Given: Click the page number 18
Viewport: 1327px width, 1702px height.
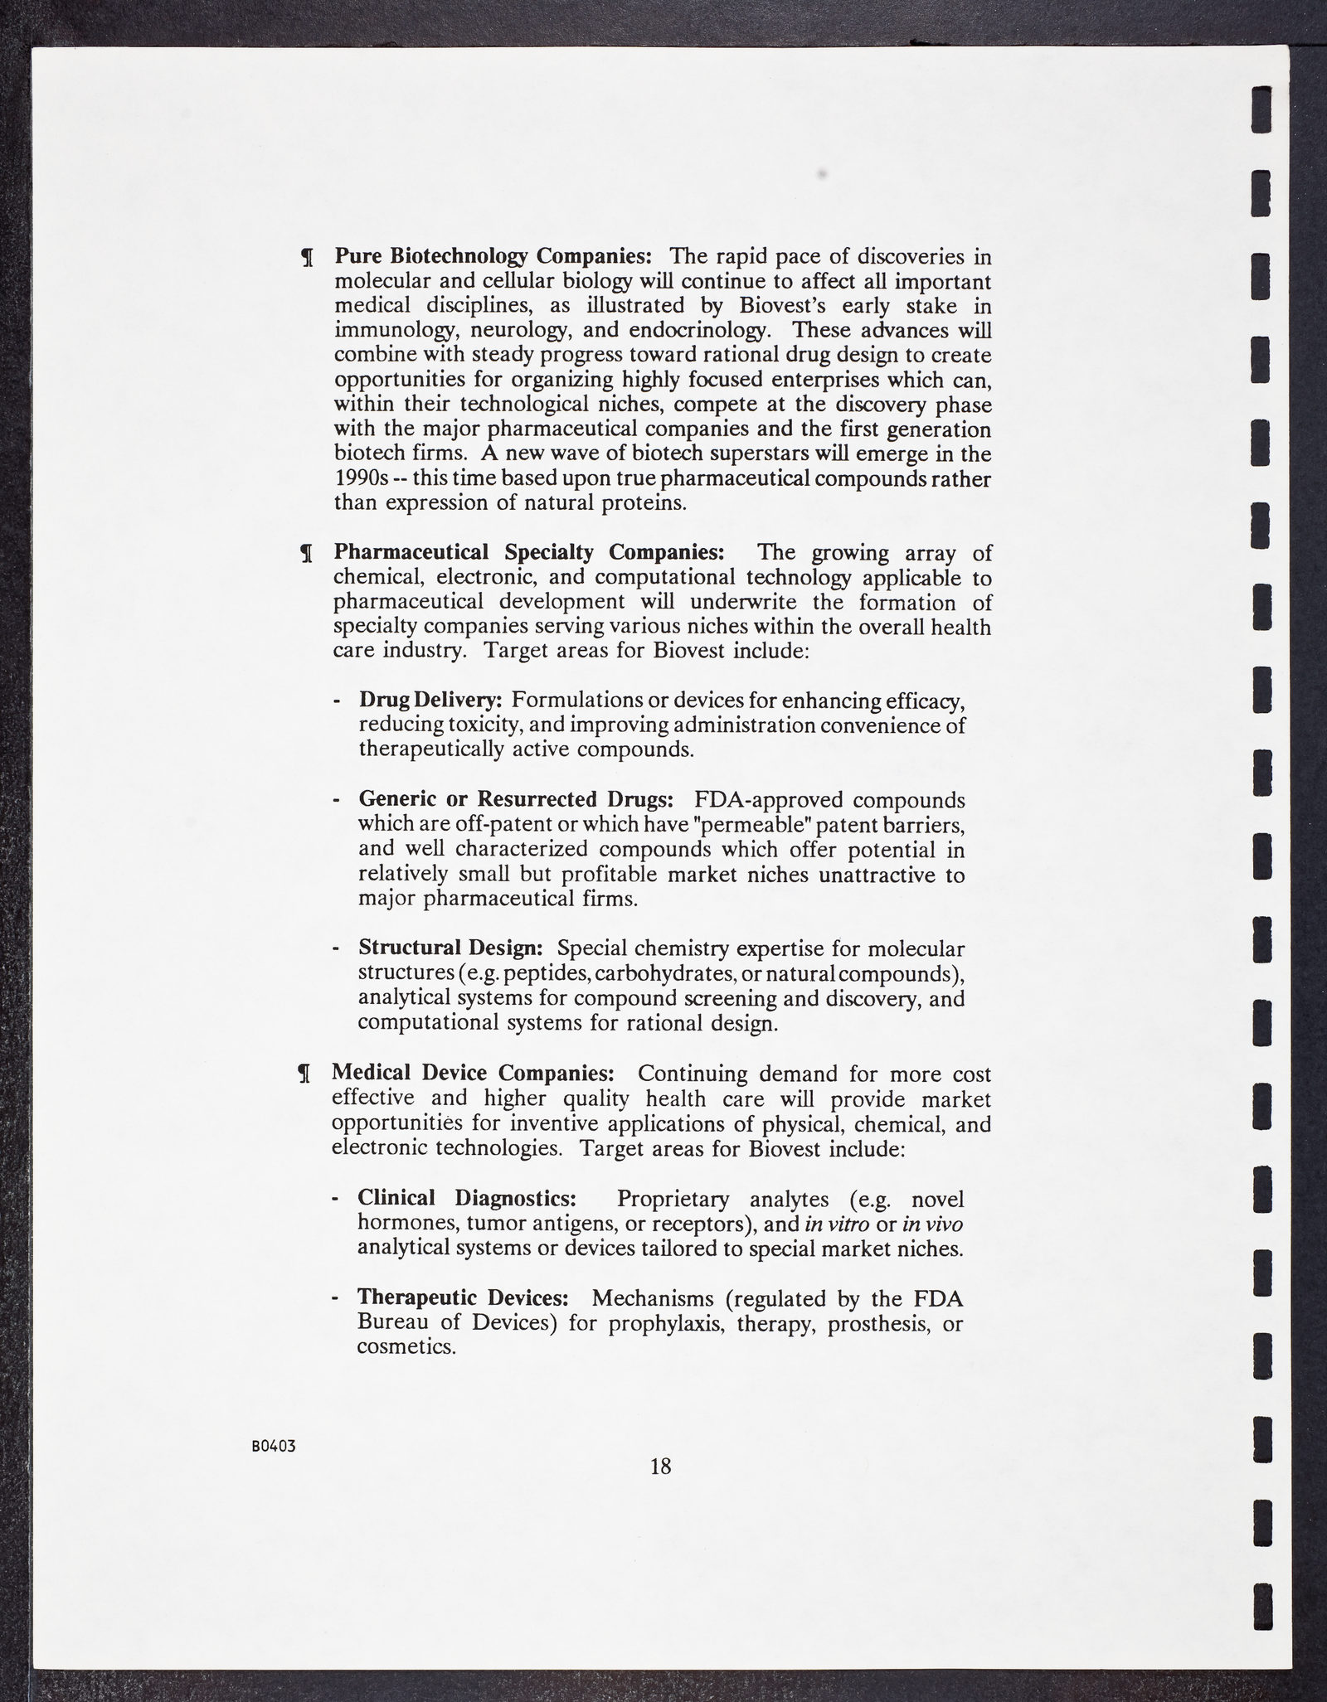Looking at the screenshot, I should point(660,1467).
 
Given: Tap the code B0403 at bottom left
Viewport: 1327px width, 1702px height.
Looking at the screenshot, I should point(274,1446).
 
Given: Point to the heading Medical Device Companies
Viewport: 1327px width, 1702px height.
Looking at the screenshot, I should point(473,1072).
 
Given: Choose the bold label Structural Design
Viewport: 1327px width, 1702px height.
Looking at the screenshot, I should point(450,948).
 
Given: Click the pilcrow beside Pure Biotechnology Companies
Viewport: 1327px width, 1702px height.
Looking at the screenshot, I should point(306,258).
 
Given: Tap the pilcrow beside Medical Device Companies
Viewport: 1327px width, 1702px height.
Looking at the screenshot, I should point(304,1074).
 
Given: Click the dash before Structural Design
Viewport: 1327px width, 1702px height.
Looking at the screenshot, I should point(336,949).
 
